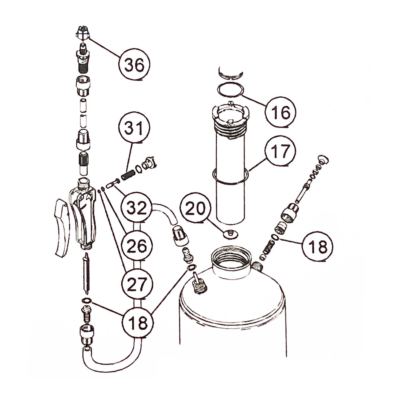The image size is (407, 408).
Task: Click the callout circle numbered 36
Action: click(x=134, y=65)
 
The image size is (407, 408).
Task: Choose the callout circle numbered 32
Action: click(x=136, y=207)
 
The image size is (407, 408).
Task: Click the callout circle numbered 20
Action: click(x=196, y=208)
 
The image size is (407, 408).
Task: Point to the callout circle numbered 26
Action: click(x=137, y=246)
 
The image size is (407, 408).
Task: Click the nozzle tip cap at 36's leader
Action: click(x=83, y=34)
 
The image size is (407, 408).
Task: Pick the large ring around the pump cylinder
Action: click(x=230, y=176)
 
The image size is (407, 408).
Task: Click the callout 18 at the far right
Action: click(x=317, y=246)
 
